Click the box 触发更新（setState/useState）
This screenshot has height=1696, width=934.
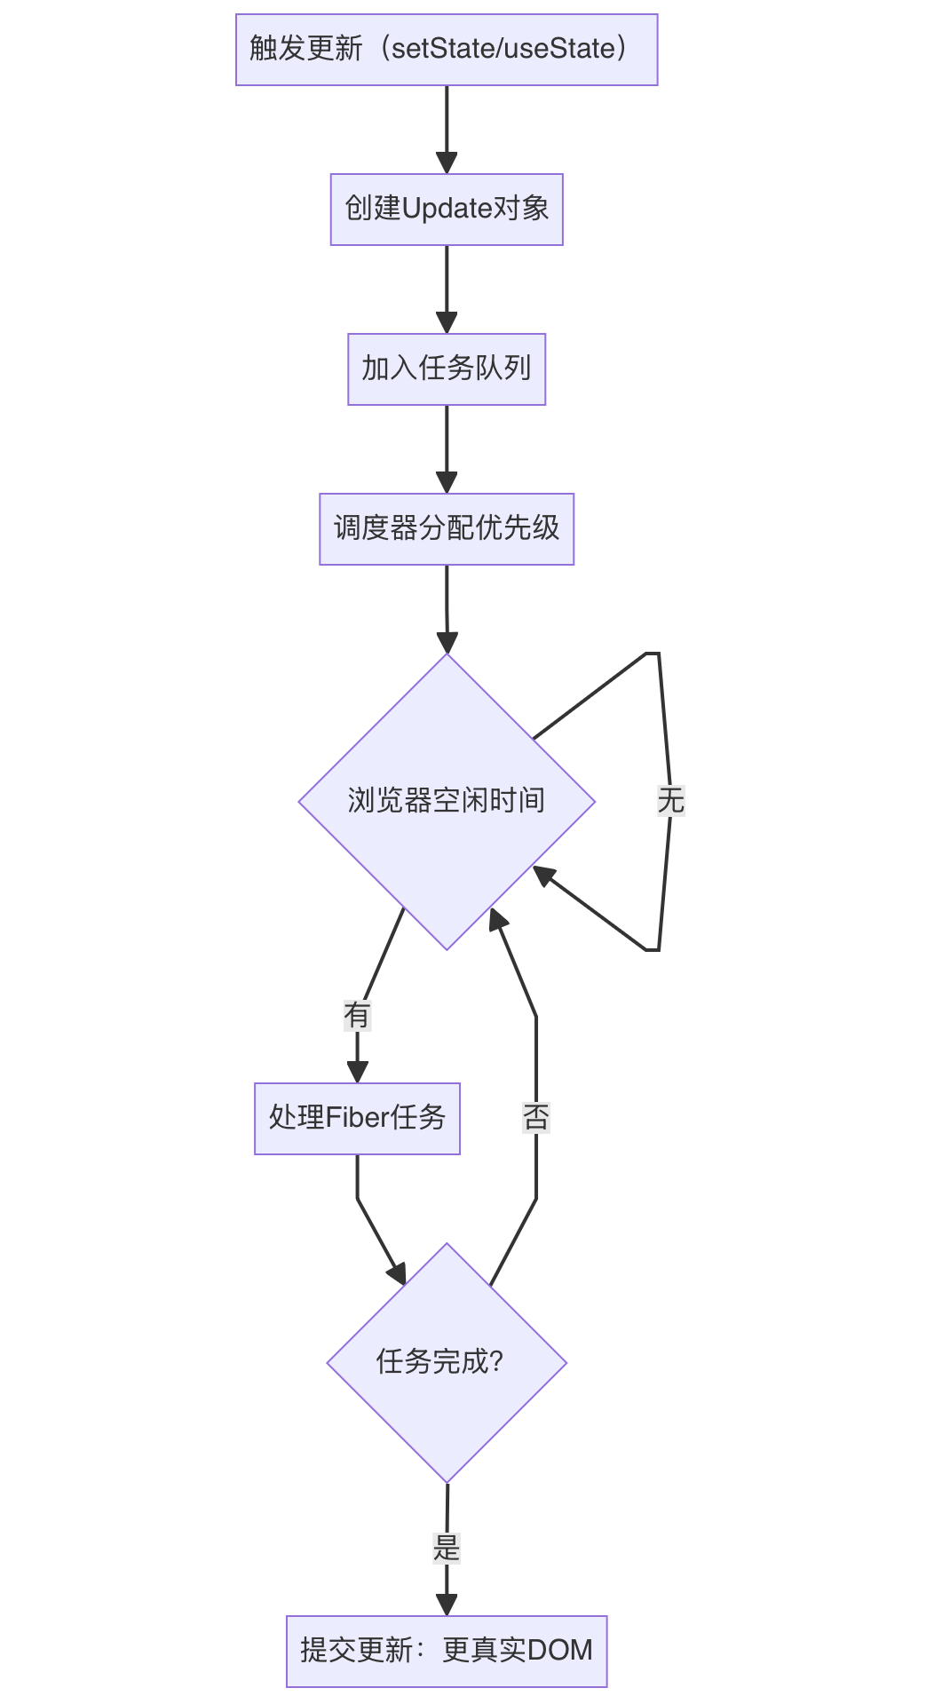tap(447, 50)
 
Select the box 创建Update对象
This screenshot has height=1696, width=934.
tap(447, 210)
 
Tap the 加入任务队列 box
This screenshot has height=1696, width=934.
tap(447, 369)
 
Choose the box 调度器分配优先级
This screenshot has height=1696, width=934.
tap(447, 529)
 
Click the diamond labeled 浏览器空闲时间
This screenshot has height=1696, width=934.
tap(447, 801)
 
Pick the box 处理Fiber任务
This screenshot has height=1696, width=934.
tap(357, 1119)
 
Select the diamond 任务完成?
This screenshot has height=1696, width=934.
tap(447, 1362)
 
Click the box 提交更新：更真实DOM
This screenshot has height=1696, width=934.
tap(447, 1652)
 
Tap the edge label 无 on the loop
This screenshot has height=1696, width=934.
tap(670, 801)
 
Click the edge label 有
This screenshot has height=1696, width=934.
tap(357, 1015)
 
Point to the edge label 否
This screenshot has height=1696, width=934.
tap(536, 1117)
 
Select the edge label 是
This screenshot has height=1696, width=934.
tap(447, 1549)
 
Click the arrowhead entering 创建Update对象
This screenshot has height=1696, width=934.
tap(447, 163)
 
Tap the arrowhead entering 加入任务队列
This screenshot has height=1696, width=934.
tap(447, 323)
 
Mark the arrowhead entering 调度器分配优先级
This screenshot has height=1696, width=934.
tap(447, 483)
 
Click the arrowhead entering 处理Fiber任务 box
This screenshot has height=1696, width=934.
tap(357, 1072)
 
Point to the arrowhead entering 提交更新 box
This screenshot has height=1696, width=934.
tap(447, 1605)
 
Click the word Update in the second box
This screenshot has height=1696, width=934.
tap(447, 210)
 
